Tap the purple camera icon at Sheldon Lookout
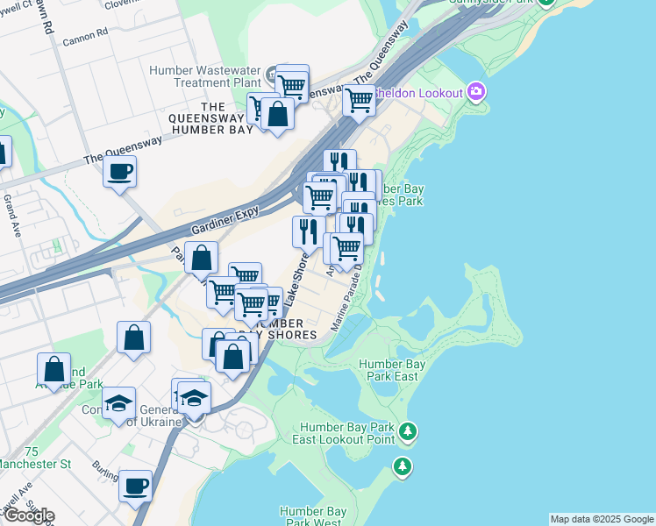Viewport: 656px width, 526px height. tap(476, 91)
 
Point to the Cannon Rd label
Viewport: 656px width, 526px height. tap(85, 32)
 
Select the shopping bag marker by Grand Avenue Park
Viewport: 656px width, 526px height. tap(54, 368)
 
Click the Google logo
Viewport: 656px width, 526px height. tap(28, 515)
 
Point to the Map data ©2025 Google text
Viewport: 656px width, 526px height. tap(602, 519)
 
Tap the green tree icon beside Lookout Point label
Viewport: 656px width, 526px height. tap(407, 430)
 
